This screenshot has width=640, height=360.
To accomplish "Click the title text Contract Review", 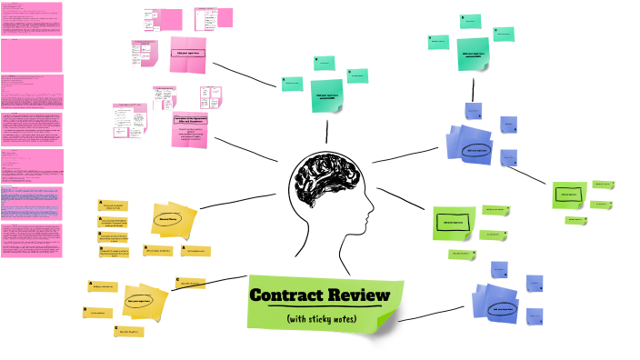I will click(319, 295).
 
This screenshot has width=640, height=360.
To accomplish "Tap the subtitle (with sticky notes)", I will click(320, 318).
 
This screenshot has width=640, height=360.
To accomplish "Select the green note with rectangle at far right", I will click(568, 195).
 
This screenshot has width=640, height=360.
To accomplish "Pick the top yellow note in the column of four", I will click(115, 206).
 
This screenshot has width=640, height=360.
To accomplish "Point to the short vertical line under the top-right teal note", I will click(473, 89).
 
